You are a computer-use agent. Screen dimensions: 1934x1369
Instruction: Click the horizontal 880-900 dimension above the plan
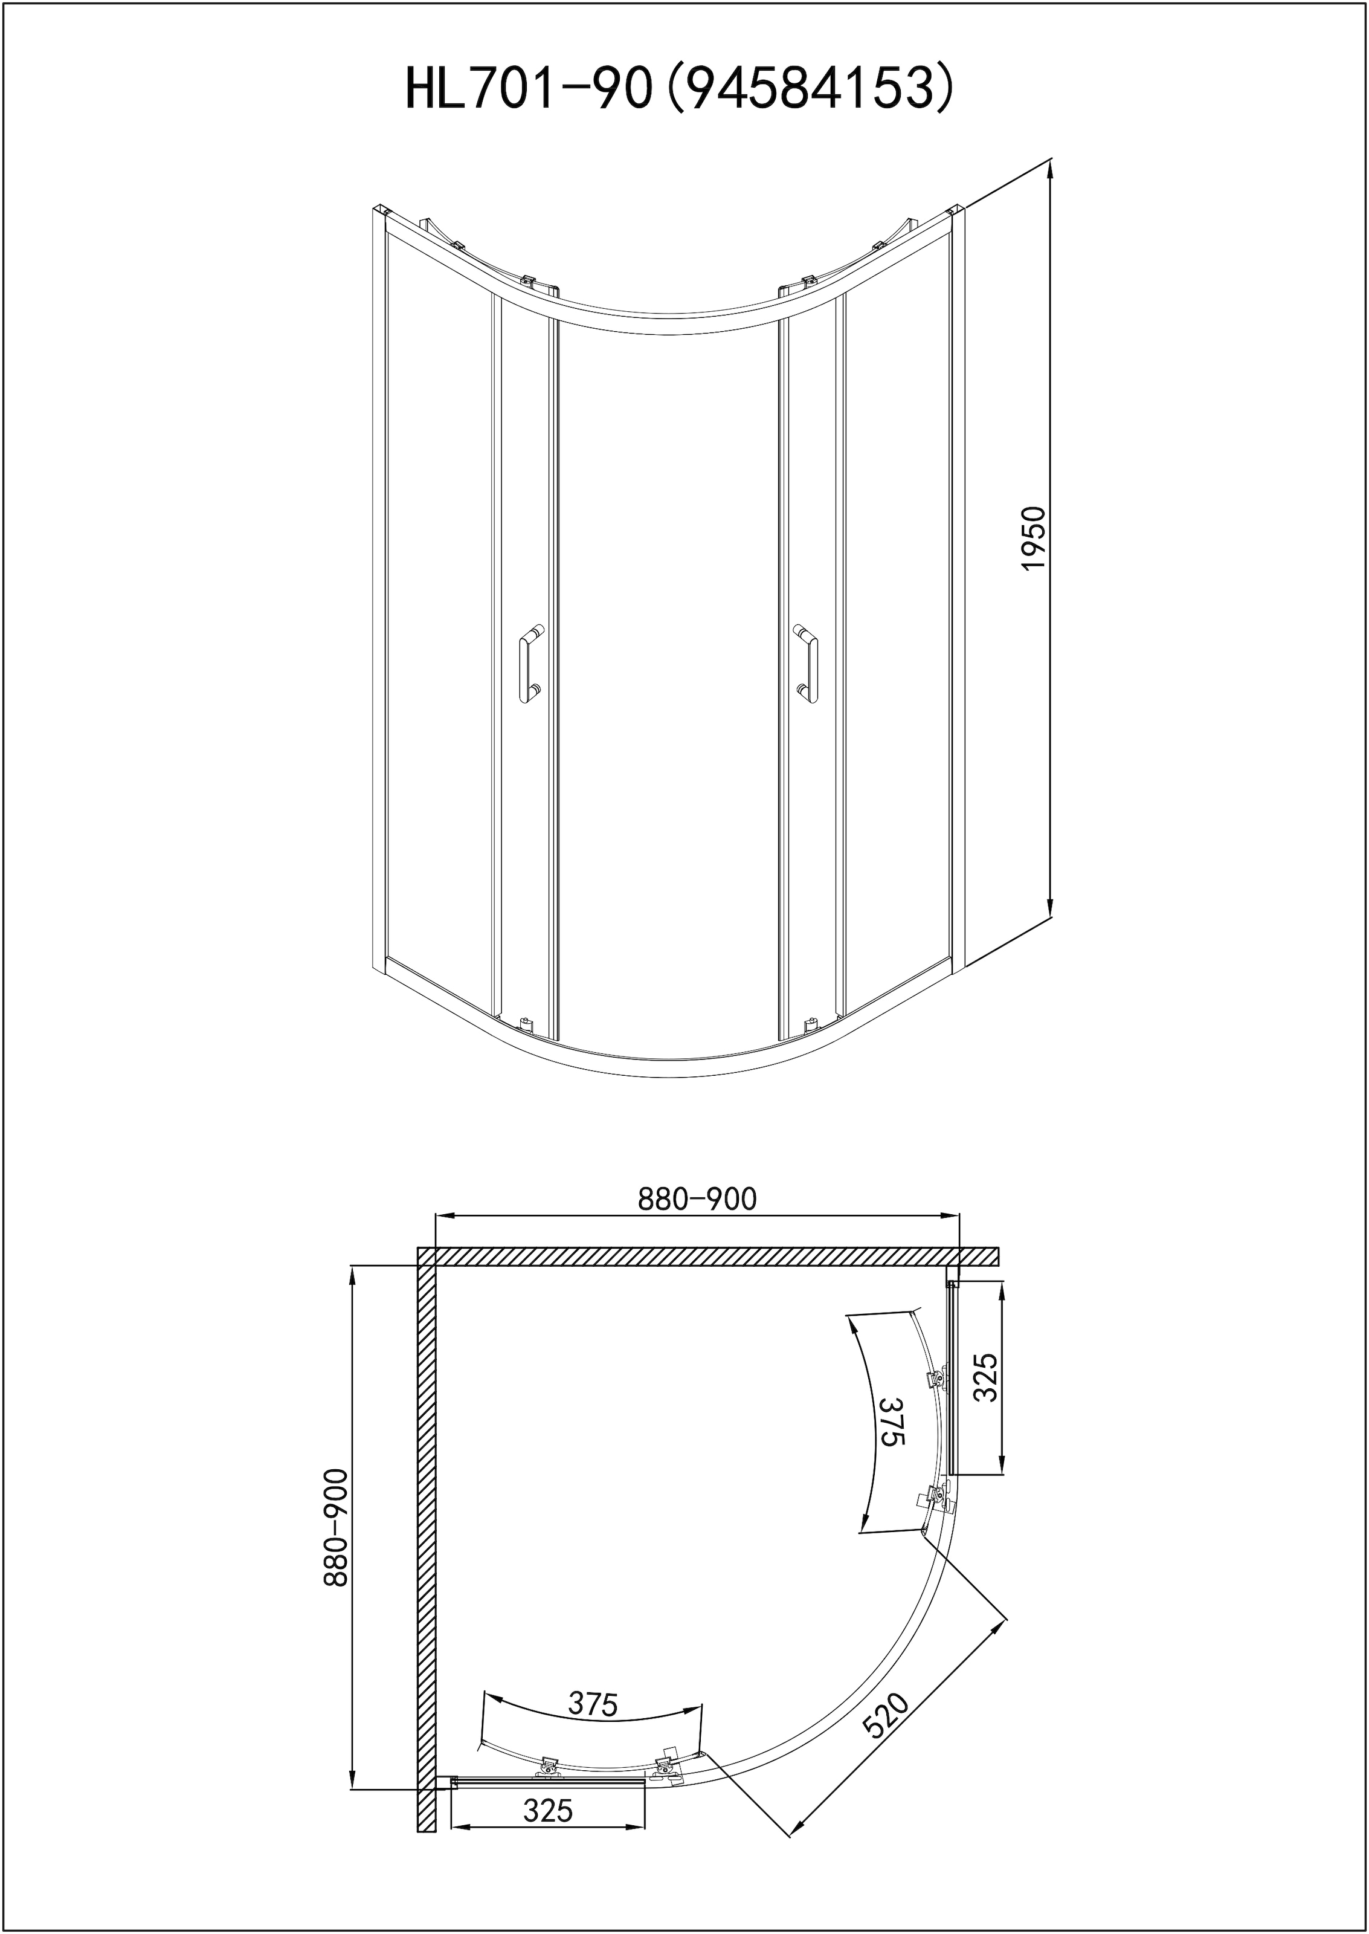point(697,1199)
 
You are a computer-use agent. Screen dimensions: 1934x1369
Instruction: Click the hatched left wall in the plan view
point(426,1535)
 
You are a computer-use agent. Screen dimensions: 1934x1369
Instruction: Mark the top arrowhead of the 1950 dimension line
point(1051,169)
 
